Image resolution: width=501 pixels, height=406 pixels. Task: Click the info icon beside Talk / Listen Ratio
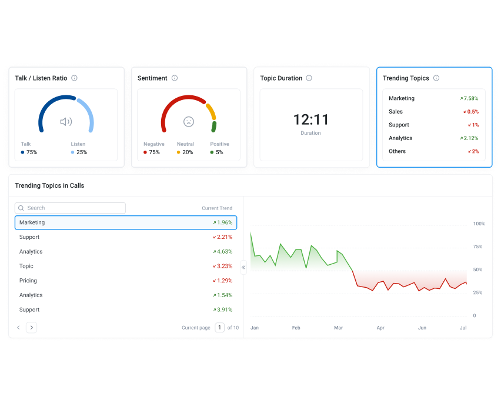click(x=74, y=78)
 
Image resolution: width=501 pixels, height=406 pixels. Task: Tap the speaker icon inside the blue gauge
click(x=66, y=122)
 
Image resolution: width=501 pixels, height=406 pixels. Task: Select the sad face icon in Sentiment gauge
click(x=188, y=122)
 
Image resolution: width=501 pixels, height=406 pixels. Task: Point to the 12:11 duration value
click(x=311, y=120)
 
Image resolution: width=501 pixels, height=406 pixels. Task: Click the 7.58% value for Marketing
click(x=470, y=99)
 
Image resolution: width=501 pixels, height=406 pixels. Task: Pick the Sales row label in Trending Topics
click(x=396, y=112)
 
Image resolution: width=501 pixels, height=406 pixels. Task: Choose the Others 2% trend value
click(x=473, y=152)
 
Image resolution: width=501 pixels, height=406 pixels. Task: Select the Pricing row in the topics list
click(x=28, y=281)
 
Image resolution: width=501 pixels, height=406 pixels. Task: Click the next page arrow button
click(x=31, y=328)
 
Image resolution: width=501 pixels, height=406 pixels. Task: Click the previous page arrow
click(x=18, y=328)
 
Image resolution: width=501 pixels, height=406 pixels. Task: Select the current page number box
click(x=219, y=328)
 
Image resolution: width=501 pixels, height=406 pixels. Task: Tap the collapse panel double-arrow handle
click(x=243, y=268)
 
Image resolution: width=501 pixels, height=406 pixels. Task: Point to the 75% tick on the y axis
click(x=478, y=247)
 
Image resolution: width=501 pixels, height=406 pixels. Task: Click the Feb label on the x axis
click(x=296, y=328)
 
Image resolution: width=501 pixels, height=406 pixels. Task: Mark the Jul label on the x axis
click(x=463, y=328)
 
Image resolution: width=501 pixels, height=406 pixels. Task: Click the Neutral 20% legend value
click(x=187, y=152)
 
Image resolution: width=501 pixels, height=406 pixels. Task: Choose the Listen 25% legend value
click(x=81, y=152)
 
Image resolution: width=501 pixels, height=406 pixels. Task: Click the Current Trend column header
click(x=217, y=208)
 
